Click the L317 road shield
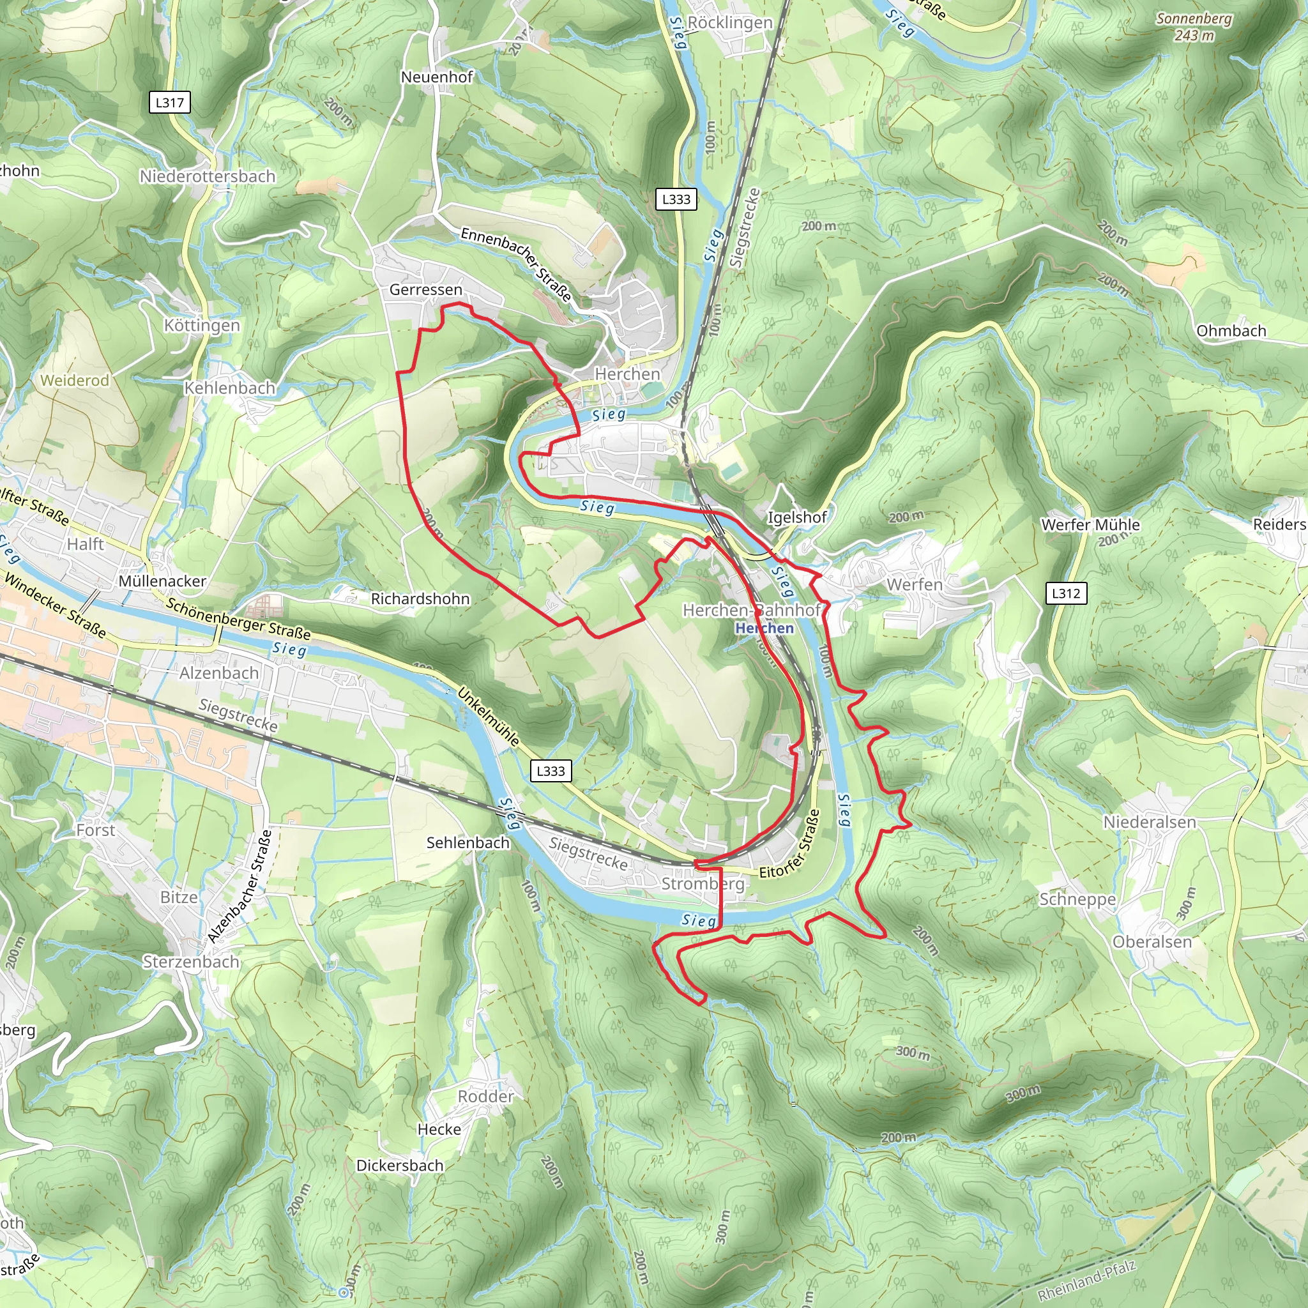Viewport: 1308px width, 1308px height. pyautogui.click(x=169, y=103)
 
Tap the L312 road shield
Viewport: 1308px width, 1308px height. pyautogui.click(x=1067, y=594)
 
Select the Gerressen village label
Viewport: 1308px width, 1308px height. pyautogui.click(x=425, y=290)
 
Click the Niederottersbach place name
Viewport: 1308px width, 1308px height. pyautogui.click(x=208, y=177)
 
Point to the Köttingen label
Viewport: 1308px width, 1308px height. pyautogui.click(x=202, y=326)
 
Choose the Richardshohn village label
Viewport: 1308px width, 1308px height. pyautogui.click(x=420, y=599)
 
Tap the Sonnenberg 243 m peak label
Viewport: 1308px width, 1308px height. pyautogui.click(x=1194, y=26)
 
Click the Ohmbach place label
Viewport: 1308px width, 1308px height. pyautogui.click(x=1231, y=331)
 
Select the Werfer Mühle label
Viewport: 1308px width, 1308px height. pyautogui.click(x=1090, y=525)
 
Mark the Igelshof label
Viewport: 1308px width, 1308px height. pyautogui.click(x=797, y=518)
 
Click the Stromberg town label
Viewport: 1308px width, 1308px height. pyautogui.click(x=702, y=884)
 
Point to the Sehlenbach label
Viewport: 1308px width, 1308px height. pyautogui.click(x=468, y=843)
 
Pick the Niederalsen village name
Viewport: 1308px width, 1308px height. pyautogui.click(x=1150, y=823)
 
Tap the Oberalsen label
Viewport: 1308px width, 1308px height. pyautogui.click(x=1152, y=943)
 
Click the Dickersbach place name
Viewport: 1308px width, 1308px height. pyautogui.click(x=400, y=1166)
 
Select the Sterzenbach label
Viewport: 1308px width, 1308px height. pyautogui.click(x=191, y=962)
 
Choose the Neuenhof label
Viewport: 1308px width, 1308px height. pyautogui.click(x=437, y=77)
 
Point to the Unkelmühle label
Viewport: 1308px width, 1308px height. pyautogui.click(x=489, y=718)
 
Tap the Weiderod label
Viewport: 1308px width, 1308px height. pyautogui.click(x=75, y=381)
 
